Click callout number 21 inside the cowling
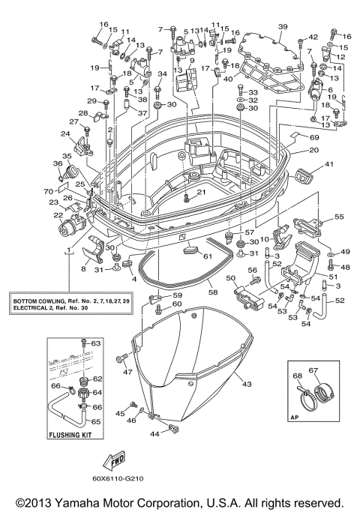200,192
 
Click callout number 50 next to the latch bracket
231,279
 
